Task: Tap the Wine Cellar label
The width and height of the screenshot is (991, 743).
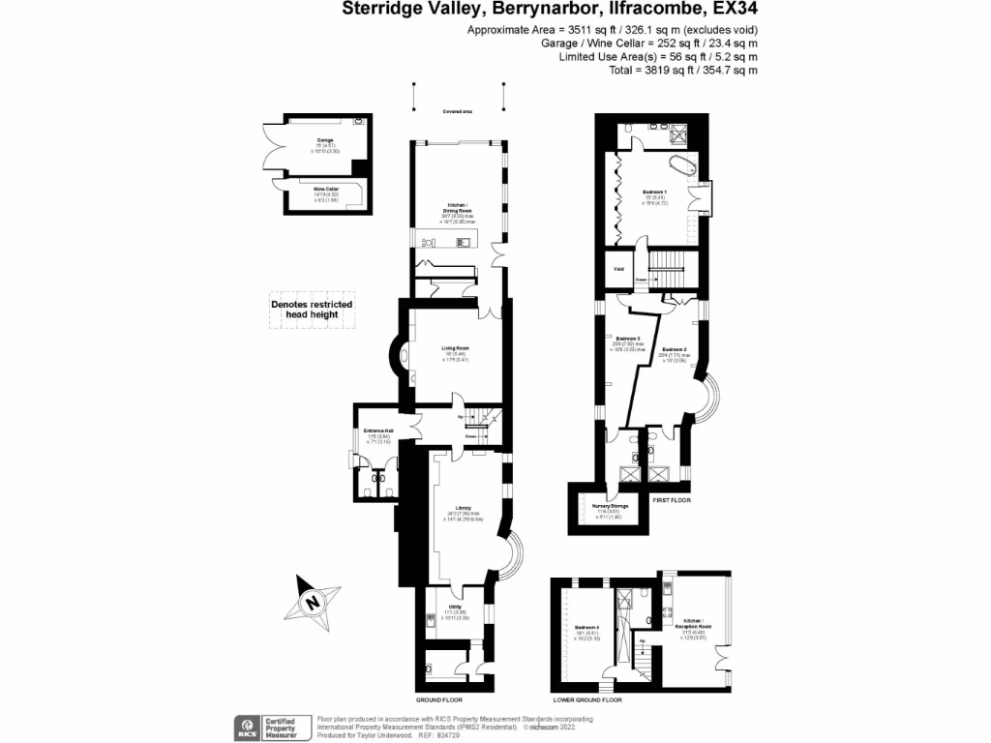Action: point(325,189)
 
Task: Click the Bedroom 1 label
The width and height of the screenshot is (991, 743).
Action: point(655,192)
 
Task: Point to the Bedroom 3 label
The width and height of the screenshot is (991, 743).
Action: point(628,338)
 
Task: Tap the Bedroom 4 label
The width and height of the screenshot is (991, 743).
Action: point(587,628)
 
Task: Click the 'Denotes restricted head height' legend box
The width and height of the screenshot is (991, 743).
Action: point(311,310)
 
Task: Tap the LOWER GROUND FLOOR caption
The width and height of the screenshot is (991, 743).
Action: point(586,699)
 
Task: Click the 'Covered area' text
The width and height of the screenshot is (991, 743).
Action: point(458,112)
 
